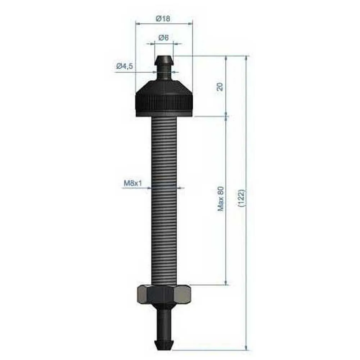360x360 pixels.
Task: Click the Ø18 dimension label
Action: click(163, 18)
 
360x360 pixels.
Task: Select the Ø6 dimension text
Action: click(163, 37)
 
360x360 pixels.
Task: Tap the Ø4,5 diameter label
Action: click(125, 66)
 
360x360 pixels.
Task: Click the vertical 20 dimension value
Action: click(220, 87)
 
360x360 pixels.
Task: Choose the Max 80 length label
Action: click(220, 199)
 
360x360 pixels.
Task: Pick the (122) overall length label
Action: click(242, 198)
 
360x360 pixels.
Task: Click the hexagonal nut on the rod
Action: click(164, 294)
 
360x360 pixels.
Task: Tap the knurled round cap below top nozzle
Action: click(164, 99)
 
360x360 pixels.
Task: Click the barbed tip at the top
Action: click(164, 60)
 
